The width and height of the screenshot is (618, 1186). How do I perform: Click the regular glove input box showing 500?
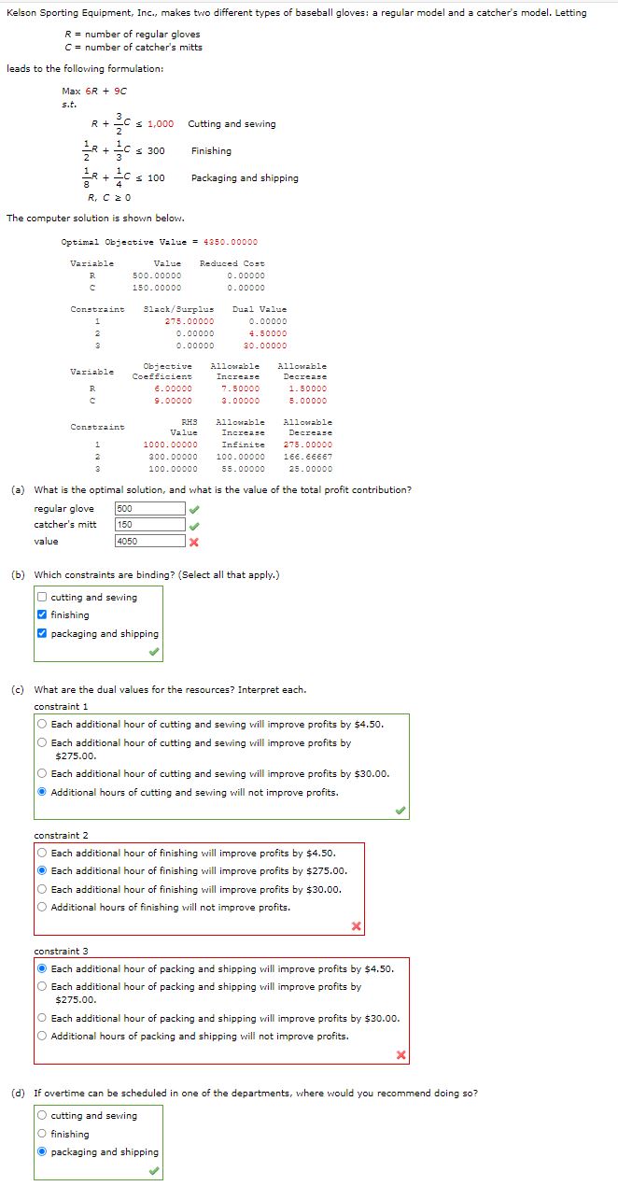point(150,509)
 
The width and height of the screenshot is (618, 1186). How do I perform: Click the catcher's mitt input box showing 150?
point(150,525)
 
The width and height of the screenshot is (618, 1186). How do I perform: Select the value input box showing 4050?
point(150,542)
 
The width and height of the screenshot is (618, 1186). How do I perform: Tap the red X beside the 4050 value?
point(194,542)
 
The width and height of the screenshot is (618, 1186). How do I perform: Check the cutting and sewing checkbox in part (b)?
point(43,598)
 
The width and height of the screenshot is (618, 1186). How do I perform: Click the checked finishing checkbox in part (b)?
point(43,615)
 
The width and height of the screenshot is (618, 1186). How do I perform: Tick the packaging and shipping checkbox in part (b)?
point(43,634)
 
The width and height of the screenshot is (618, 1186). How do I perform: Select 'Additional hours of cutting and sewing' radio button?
point(43,793)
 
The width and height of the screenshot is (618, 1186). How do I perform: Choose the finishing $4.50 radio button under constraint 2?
point(43,853)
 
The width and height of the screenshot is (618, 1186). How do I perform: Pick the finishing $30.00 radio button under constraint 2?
point(43,889)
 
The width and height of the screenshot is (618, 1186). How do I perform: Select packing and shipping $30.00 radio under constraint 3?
point(43,1019)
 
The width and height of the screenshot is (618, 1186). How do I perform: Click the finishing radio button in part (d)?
point(43,1135)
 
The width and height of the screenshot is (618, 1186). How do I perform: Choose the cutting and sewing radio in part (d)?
point(43,1116)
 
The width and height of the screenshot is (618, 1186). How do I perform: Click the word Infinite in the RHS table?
point(243,445)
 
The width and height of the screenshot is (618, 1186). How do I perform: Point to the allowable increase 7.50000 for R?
point(240,388)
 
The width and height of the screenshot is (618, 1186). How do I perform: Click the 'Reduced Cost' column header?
point(232,263)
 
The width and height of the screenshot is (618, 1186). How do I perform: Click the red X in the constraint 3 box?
point(400,1055)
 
